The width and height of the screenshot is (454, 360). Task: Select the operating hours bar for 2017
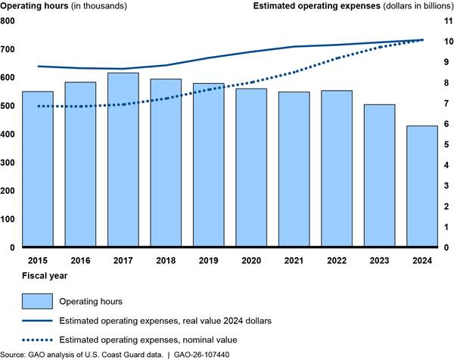(123, 160)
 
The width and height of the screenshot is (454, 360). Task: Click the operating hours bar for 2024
(422, 186)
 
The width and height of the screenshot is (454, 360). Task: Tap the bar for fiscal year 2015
(38, 169)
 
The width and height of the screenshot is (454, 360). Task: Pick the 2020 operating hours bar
(251, 168)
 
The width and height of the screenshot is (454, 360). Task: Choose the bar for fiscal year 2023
(379, 175)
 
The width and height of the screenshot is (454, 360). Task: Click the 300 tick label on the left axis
(9, 163)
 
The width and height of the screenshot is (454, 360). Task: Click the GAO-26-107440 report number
(197, 354)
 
